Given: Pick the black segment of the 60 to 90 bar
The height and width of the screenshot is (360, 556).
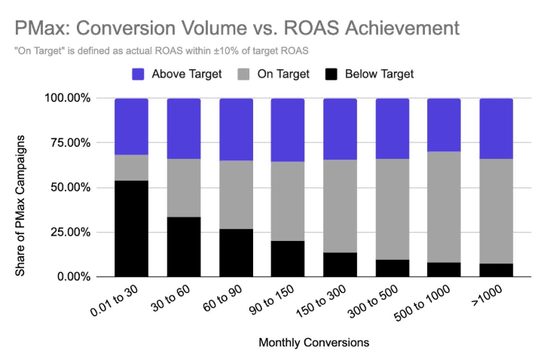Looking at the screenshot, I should (x=236, y=252).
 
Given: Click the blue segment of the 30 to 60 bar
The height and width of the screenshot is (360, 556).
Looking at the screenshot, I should (x=184, y=128).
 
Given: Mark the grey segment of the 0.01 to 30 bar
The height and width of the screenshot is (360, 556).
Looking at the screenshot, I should (x=131, y=167).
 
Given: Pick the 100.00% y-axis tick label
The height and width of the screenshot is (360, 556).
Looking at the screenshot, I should (x=68, y=99).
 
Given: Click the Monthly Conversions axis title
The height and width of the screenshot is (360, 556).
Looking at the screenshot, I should (x=313, y=343).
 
